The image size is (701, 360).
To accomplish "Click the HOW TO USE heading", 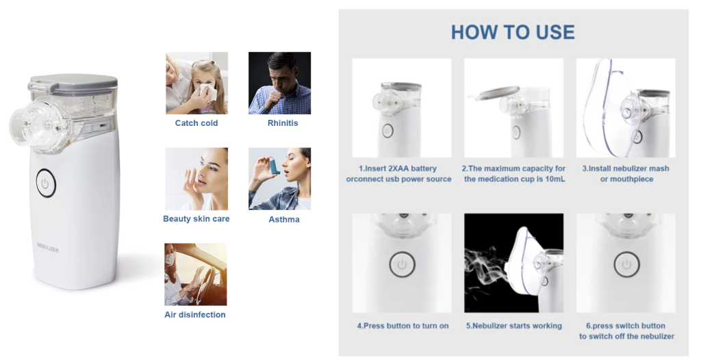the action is point(513,32).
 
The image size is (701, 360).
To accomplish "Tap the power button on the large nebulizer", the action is point(45,183).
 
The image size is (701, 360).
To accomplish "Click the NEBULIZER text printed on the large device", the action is point(48,248).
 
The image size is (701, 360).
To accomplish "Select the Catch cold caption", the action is point(196,123).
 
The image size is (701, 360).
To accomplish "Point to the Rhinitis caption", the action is point(283,123).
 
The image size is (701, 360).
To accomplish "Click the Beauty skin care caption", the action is point(196,219).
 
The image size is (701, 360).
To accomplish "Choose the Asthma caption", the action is point(284,219).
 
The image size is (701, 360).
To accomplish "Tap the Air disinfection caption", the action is point(195,315).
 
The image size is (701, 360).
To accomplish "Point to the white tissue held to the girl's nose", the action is point(208,91).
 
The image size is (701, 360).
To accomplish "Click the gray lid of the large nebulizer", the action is point(73,83).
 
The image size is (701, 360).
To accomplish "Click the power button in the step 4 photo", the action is point(402,265).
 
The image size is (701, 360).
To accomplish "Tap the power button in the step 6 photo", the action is point(626,265).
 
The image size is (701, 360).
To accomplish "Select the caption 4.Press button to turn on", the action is point(403,326).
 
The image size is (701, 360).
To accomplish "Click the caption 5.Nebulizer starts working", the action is point(513,326).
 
